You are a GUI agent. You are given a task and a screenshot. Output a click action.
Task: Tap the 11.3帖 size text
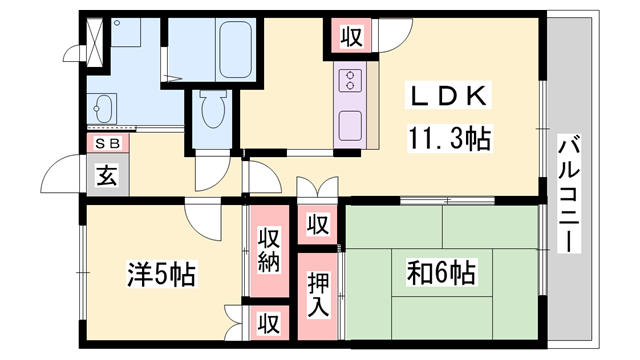coord(447,138)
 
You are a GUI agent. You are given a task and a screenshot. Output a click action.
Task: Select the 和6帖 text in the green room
coord(441,271)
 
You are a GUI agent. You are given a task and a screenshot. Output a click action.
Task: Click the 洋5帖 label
coord(161,272)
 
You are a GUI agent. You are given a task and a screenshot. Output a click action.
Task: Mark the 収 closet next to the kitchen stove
coord(351,38)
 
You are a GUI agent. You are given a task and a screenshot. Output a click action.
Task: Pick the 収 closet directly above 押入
coord(319,224)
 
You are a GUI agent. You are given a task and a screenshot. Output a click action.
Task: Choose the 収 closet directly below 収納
coord(269,323)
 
